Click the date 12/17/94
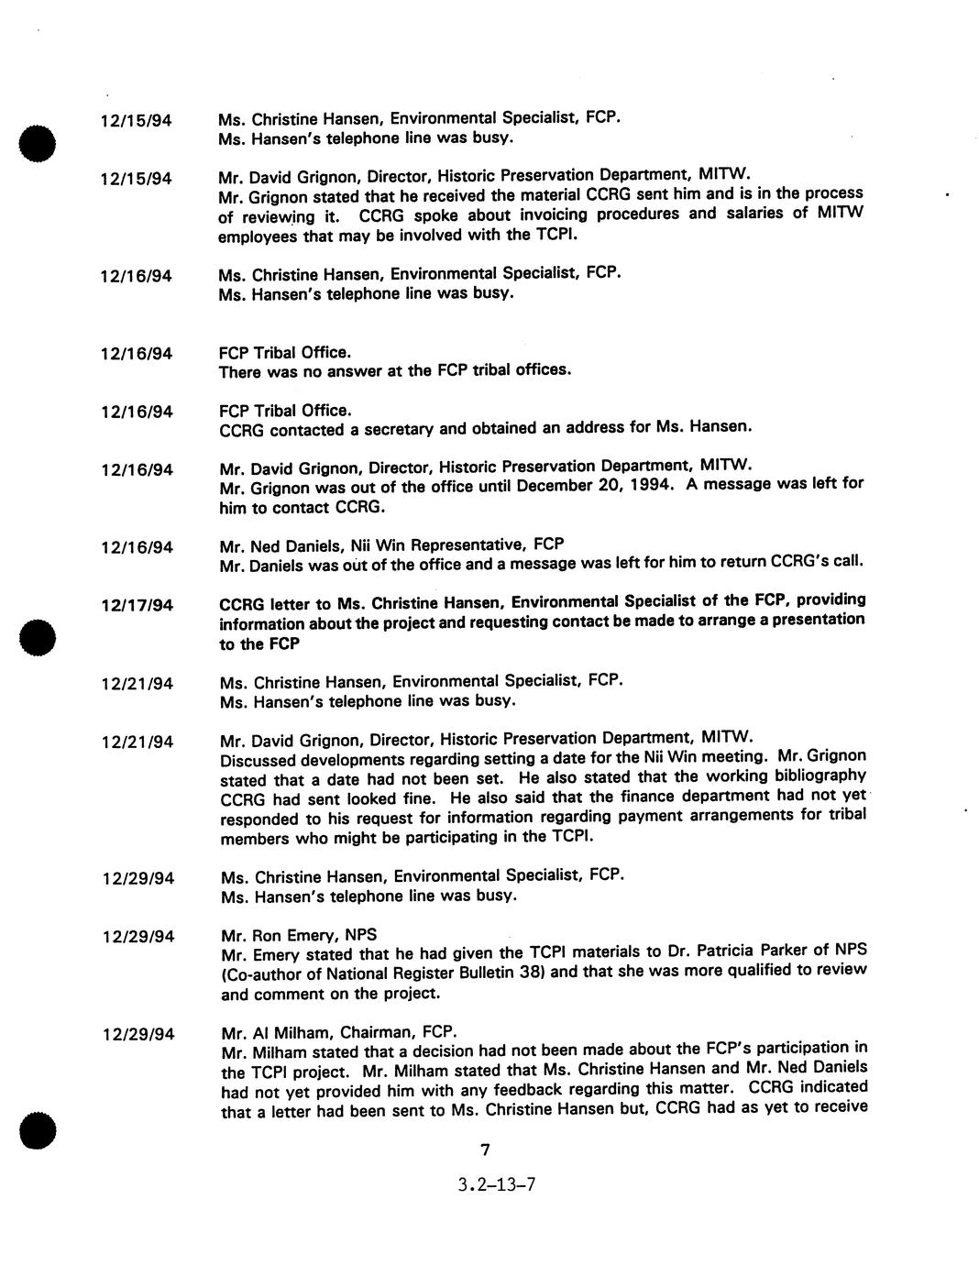coord(137,606)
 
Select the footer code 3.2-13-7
coord(497,1184)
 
